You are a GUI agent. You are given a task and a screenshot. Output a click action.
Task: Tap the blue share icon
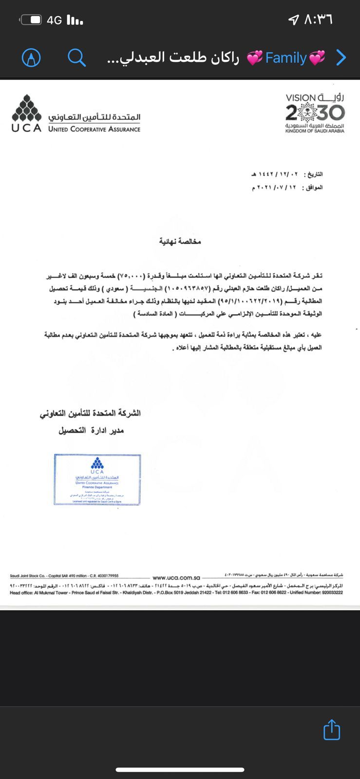(x=332, y=729)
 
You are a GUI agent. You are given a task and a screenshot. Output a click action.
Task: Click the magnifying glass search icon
(x=76, y=58)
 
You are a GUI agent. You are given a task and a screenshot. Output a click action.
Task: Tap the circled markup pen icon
(x=31, y=58)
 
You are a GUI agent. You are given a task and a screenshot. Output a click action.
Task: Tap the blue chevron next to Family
(x=341, y=58)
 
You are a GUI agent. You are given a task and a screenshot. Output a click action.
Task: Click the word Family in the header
(x=286, y=58)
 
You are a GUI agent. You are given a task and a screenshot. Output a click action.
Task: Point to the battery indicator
(x=31, y=20)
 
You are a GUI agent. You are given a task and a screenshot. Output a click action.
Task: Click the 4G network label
(x=55, y=20)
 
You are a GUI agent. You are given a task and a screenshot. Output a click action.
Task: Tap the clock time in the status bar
(x=319, y=20)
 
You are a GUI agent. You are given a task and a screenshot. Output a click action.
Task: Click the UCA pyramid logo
(x=26, y=108)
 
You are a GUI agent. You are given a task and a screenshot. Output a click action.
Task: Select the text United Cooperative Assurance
(x=94, y=129)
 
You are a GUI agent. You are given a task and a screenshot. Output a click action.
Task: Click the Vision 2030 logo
(x=315, y=110)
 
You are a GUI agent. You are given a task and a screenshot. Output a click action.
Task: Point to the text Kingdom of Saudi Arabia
(x=315, y=131)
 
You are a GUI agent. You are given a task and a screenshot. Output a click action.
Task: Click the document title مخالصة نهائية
(x=180, y=241)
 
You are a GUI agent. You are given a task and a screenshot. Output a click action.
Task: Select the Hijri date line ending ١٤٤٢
(x=287, y=174)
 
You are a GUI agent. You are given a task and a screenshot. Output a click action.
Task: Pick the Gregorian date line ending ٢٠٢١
(x=287, y=187)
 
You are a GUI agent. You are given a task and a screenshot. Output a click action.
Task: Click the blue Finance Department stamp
(x=97, y=479)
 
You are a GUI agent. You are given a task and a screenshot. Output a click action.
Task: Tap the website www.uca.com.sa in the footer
(x=176, y=577)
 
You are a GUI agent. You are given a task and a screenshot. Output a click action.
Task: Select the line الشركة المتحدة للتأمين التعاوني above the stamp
(x=90, y=413)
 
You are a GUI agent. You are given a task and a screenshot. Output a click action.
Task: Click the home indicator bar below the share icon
(x=180, y=770)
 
